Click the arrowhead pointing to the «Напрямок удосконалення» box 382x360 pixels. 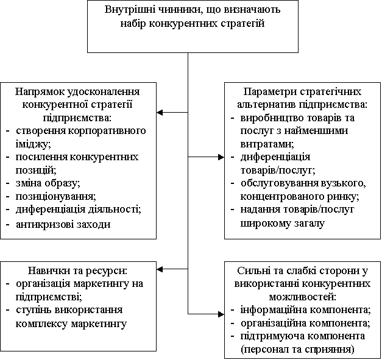[160, 112]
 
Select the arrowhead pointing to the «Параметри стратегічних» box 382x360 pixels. [221, 157]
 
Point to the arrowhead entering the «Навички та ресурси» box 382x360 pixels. [160, 269]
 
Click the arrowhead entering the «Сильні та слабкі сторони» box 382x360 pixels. [221, 314]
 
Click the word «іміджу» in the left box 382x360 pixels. [33, 144]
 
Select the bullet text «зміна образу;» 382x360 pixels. [48, 183]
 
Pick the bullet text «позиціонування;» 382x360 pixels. [56, 196]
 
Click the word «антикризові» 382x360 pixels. [45, 224]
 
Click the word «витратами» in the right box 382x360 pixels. [267, 144]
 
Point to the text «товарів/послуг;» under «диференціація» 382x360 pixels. [278, 170]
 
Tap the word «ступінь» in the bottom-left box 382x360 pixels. [33, 310]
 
